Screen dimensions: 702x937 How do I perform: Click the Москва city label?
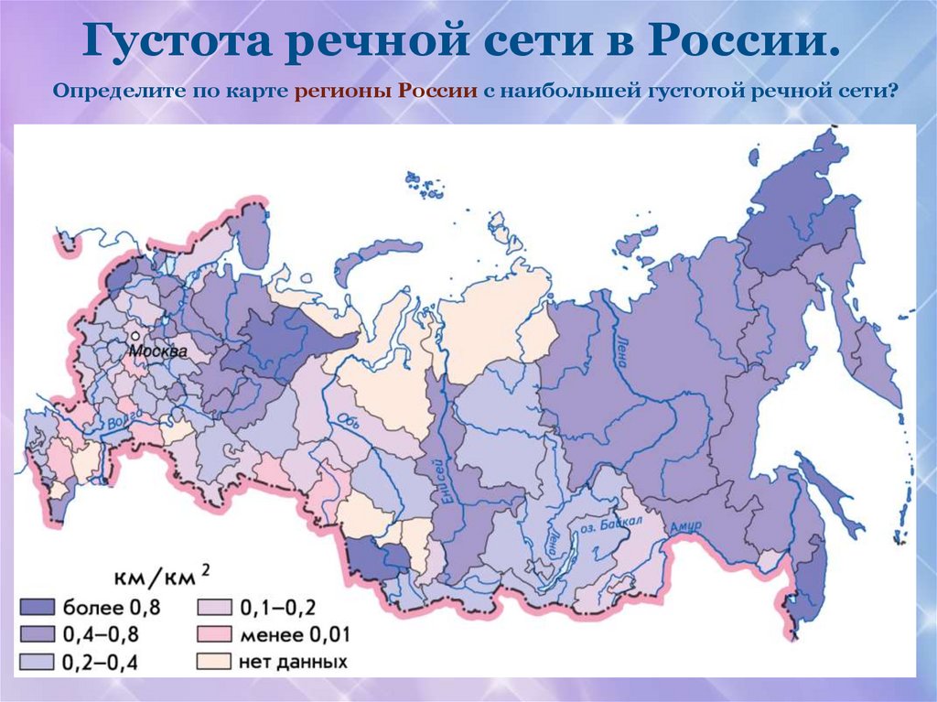pyautogui.click(x=157, y=351)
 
